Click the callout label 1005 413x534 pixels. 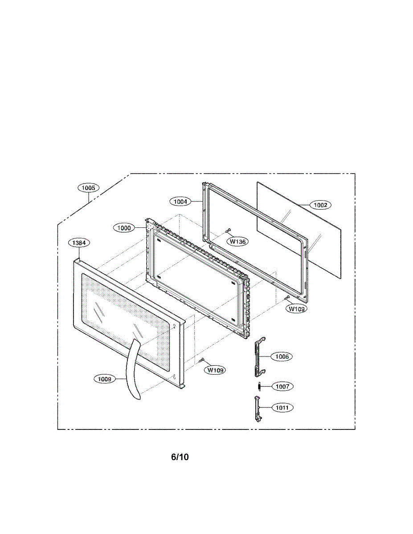(89, 188)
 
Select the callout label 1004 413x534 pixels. (180, 201)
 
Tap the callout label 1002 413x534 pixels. (320, 205)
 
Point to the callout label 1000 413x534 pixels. (124, 227)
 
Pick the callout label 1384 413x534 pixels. (79, 243)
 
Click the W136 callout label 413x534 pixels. (238, 241)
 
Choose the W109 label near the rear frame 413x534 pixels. (296, 308)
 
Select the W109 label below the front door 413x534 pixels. (215, 370)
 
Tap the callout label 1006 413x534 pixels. (282, 356)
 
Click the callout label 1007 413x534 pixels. (282, 387)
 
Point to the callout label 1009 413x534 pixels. (105, 379)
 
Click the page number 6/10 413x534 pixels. (180, 457)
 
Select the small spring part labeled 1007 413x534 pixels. (258, 386)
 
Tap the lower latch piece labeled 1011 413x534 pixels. (257, 407)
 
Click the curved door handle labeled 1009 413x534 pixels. (132, 369)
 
